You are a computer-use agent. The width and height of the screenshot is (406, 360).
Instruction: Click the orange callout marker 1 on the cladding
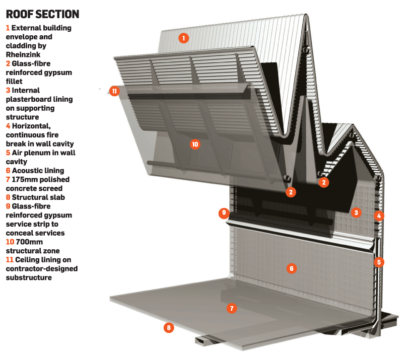pos(184,37)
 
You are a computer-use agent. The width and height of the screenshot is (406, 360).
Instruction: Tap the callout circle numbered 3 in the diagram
pos(356,212)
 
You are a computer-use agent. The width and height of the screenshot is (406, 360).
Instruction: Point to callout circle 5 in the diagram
pos(378,262)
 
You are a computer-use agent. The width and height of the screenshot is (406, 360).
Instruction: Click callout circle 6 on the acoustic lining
pos(291,268)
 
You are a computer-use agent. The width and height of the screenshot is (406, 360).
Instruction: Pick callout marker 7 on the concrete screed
pos(231,309)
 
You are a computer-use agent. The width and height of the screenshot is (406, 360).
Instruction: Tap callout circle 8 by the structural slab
pos(169,328)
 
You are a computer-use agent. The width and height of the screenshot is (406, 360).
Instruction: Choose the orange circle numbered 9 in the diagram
pos(224,213)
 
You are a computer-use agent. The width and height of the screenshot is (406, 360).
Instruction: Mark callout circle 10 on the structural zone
pos(195,145)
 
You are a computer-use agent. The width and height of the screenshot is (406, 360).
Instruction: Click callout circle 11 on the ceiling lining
pos(115,91)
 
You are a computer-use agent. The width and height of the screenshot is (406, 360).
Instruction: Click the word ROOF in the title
pos(20,13)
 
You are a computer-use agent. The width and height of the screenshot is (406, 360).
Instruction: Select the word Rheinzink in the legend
pos(24,54)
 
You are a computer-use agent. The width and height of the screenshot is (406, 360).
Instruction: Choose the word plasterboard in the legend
pos(29,99)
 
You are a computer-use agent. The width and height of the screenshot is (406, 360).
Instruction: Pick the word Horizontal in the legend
pos(33,126)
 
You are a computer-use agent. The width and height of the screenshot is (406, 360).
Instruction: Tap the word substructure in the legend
pos(29,277)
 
